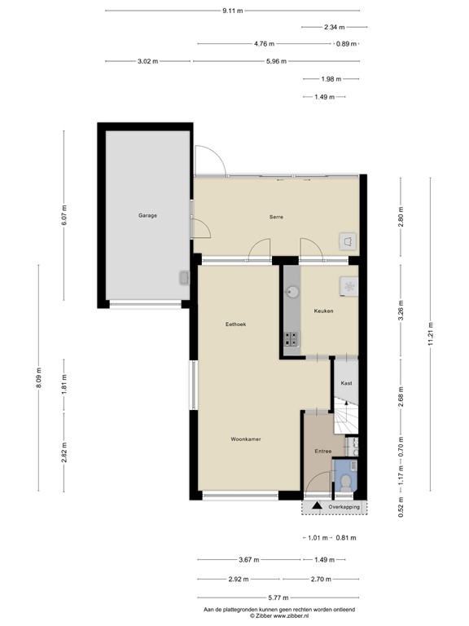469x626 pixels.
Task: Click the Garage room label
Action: (147, 216)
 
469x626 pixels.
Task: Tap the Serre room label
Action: (276, 217)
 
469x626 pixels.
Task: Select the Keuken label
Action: (323, 311)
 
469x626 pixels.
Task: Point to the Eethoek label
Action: (236, 324)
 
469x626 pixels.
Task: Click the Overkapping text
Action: (344, 507)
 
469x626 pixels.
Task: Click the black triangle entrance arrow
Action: (316, 506)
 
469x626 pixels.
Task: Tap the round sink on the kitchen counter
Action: (291, 289)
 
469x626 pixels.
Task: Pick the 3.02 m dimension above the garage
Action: (147, 61)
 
